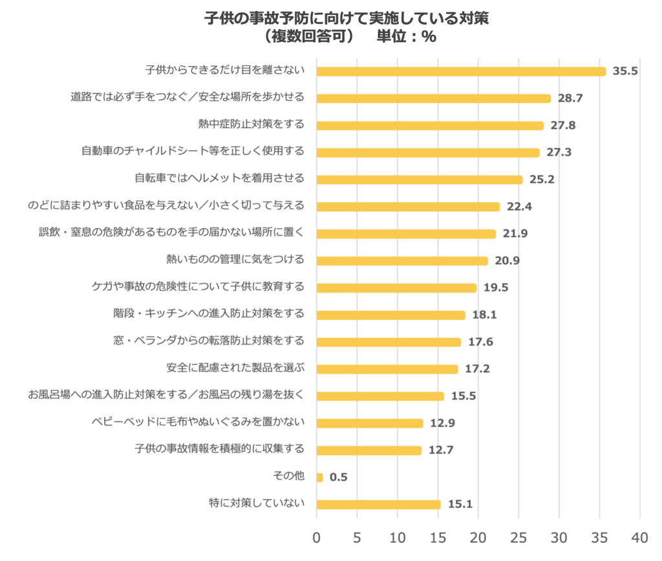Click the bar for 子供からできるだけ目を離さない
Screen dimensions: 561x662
461,71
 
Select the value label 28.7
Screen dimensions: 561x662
570,98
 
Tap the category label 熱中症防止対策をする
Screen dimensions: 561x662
251,124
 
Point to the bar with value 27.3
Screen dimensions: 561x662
428,153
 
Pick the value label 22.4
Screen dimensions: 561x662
520,207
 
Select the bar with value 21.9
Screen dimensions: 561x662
406,234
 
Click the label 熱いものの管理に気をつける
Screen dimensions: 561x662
235,259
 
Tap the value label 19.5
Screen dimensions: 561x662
496,288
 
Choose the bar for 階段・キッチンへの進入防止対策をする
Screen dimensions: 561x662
390,315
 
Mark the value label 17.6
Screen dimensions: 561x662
480,342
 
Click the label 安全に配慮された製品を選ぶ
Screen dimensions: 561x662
235,368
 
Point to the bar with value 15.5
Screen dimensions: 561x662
380,396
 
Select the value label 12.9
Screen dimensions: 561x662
443,423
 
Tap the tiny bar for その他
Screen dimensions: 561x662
319,478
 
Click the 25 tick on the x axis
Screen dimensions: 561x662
518,537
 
